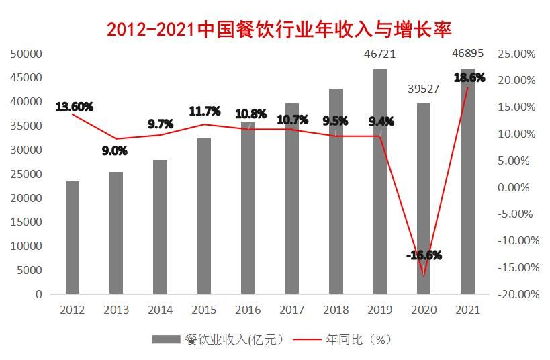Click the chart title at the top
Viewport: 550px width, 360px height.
[x=279, y=29]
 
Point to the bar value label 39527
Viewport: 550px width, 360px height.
[x=423, y=89]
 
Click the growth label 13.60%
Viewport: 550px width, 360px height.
[x=75, y=107]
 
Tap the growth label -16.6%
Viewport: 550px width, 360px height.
[x=423, y=255]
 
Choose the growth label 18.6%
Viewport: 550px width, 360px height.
[x=469, y=78]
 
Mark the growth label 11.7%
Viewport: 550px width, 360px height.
[x=204, y=111]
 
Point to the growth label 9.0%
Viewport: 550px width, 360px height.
[x=114, y=151]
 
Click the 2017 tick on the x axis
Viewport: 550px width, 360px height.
[x=291, y=310]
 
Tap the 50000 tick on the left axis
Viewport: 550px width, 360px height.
[x=26, y=54]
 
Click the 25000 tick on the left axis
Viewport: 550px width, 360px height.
[x=26, y=174]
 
